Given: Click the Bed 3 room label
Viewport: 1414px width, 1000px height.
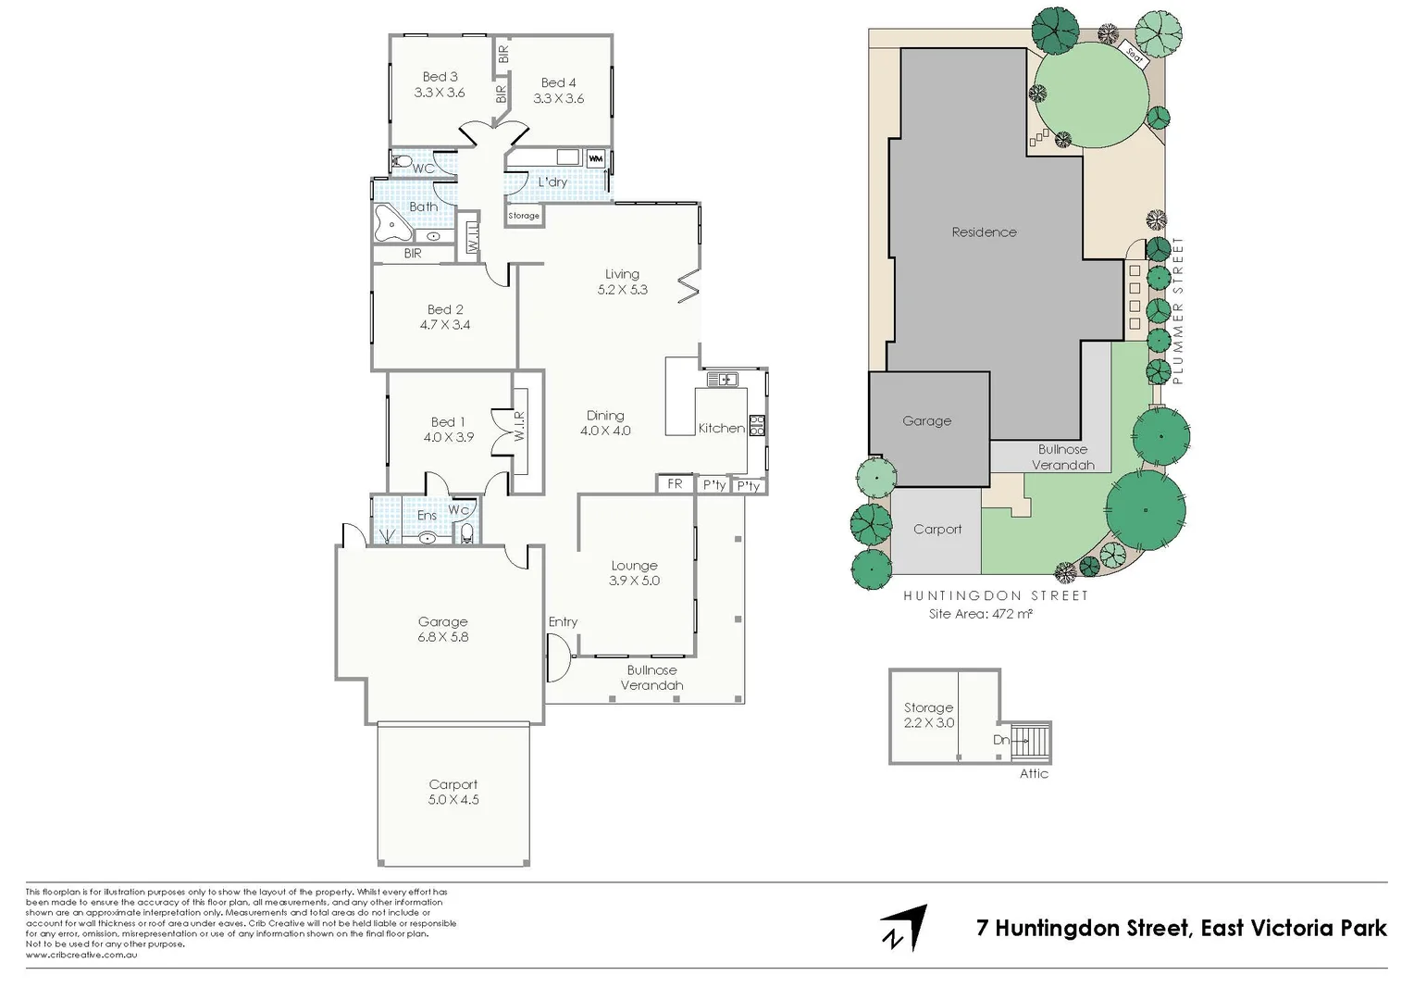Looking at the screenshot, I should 440,77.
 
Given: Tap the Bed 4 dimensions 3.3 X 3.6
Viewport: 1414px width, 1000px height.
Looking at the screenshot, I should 558,98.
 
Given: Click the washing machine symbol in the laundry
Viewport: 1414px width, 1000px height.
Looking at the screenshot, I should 595,158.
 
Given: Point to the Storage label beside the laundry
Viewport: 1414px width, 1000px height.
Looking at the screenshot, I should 524,216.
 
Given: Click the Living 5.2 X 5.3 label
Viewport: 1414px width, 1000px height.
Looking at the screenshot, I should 622,281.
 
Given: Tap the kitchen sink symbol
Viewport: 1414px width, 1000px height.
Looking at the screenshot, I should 721,379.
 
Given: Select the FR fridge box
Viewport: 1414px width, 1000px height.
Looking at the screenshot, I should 675,484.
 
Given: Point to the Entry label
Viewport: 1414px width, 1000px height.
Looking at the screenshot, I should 563,622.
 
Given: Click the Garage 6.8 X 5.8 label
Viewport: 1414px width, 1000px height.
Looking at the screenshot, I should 442,630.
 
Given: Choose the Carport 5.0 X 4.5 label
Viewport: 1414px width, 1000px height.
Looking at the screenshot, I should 453,792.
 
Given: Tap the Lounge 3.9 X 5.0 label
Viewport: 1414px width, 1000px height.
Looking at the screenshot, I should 634,573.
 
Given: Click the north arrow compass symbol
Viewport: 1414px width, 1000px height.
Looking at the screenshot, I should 903,927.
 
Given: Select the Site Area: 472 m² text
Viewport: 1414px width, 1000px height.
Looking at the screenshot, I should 980,613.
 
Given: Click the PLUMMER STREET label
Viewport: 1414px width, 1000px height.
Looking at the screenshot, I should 1178,310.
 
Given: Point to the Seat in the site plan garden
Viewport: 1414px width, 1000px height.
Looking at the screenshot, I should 1134,54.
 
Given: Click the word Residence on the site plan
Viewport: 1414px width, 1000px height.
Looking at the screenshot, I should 984,232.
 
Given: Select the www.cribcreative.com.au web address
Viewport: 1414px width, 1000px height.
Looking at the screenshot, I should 81,955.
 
